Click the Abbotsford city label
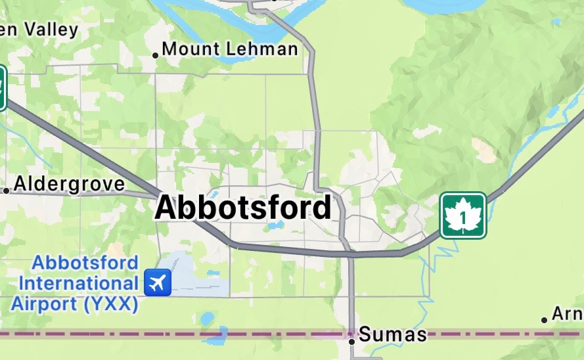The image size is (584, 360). pos(243,208)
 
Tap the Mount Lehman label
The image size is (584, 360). pos(229,49)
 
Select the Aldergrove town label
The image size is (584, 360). pos(68,184)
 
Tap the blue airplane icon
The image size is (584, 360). pos(157,282)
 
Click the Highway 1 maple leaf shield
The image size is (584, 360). pos(463,215)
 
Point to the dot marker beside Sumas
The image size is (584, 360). pos(352,341)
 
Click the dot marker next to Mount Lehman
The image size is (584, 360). pos(156,55)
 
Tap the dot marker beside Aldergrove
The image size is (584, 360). pos(7,191)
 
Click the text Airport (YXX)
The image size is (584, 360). pos(74,304)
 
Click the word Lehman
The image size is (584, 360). pos(262,49)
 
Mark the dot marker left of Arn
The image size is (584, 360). pos(545,320)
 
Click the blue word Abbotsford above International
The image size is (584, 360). pos(86,263)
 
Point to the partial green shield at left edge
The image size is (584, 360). pos(3,87)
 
